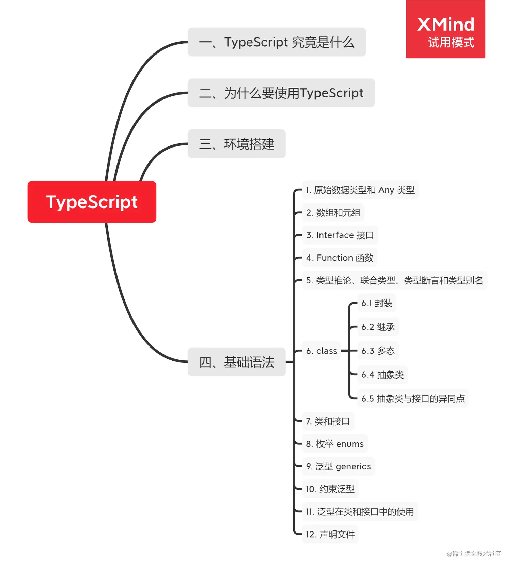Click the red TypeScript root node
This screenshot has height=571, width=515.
pyautogui.click(x=92, y=202)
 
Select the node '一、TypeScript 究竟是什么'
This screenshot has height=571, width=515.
pyautogui.click(x=277, y=42)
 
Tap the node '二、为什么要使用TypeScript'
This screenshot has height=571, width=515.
pyautogui.click(x=281, y=93)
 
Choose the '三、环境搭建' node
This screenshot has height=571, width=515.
pyautogui.click(x=236, y=144)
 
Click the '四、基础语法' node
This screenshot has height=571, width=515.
pyautogui.click(x=236, y=362)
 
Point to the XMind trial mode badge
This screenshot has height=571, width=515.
pyautogui.click(x=446, y=29)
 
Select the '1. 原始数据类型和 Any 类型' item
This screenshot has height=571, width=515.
pyautogui.click(x=360, y=190)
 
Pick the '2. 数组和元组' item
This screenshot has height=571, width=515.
pyautogui.click(x=333, y=213)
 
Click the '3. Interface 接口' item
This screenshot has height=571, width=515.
pyautogui.click(x=340, y=235)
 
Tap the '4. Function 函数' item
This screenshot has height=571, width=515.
pyautogui.click(x=339, y=258)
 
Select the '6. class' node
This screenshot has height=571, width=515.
pyautogui.click(x=321, y=351)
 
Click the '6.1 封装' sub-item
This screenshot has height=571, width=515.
pyautogui.click(x=377, y=303)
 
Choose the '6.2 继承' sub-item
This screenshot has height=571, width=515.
pyautogui.click(x=378, y=327)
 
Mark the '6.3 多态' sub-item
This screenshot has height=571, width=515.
pyautogui.click(x=378, y=351)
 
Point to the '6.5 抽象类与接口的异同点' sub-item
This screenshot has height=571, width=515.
pyautogui.click(x=413, y=398)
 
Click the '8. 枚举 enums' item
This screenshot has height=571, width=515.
pyautogui.click(x=334, y=444)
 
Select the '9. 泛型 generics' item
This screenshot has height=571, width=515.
pyautogui.click(x=338, y=466)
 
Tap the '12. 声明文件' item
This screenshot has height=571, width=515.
pyautogui.click(x=330, y=534)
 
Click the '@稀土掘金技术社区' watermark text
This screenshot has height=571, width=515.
pyautogui.click(x=474, y=554)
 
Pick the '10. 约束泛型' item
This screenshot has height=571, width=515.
pyautogui.click(x=330, y=489)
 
